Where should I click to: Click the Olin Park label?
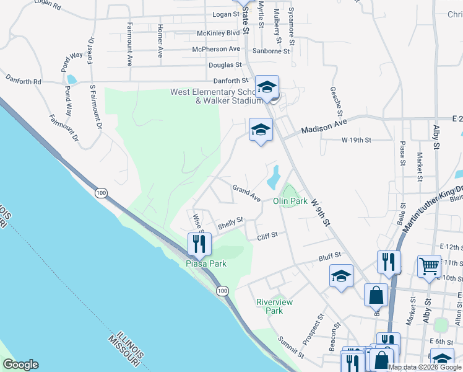(290, 201)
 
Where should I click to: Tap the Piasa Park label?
(206, 263)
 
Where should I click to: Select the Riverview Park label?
(274, 306)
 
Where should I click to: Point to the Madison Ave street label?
(324, 127)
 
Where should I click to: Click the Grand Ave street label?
(246, 192)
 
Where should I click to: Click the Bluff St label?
(330, 255)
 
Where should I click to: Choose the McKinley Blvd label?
(218, 32)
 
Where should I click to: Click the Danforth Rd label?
(24, 81)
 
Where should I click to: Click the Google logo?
(20, 365)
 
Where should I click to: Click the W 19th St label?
(356, 140)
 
